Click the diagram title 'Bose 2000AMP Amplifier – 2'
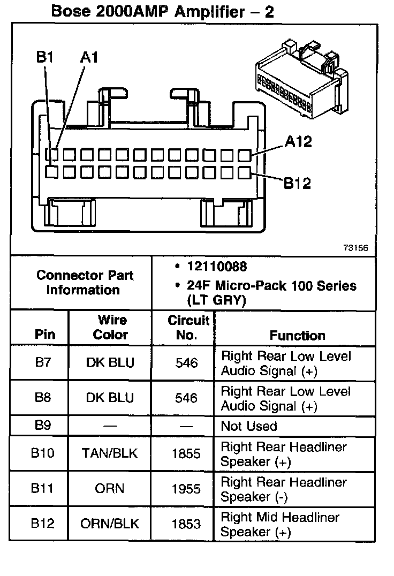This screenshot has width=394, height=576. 162,11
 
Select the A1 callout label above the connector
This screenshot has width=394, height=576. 89,57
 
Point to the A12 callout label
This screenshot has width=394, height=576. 298,142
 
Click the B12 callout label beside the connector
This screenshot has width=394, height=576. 297,184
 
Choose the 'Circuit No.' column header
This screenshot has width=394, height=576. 187,327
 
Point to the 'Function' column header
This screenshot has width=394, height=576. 297,336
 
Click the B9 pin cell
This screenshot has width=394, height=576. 42,426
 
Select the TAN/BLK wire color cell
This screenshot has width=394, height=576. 110,453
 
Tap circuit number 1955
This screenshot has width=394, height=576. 186,489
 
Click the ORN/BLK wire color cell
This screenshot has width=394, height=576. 109,524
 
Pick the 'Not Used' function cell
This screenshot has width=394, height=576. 249,427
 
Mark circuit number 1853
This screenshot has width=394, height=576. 186,524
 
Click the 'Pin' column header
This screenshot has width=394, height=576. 45,335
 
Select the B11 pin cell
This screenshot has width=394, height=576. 42,489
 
